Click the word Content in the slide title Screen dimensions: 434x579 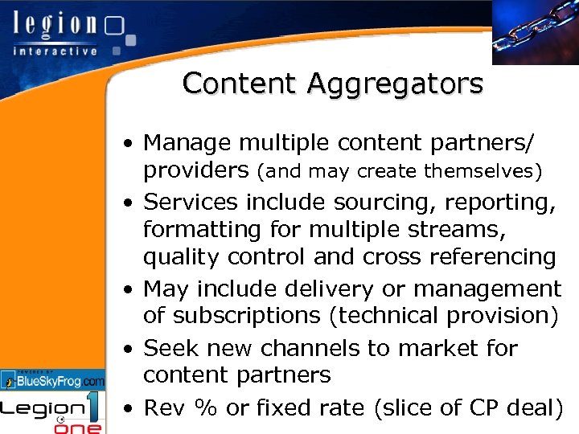click(226, 83)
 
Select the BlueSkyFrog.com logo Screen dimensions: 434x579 click(53, 379)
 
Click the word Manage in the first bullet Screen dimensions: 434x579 click(184, 143)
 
